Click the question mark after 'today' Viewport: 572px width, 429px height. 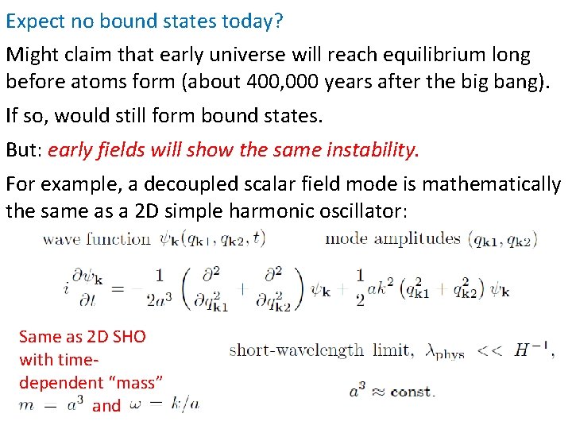pos(277,21)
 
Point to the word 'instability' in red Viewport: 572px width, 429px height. pos(371,149)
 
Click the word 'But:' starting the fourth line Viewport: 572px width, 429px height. pos(24,149)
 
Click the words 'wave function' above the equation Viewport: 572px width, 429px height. pos(96,238)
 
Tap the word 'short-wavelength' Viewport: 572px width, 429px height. pos(296,350)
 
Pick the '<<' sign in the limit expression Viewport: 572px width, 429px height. pos(489,350)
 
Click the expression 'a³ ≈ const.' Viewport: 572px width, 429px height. pos(391,390)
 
